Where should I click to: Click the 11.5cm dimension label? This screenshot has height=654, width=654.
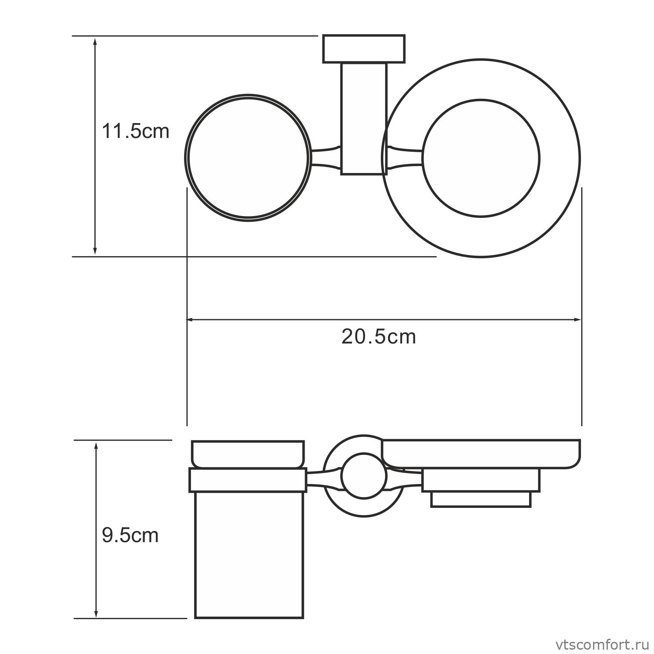tap(135, 131)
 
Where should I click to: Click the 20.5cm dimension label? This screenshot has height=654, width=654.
tap(379, 337)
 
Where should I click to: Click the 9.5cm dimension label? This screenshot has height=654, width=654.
tap(130, 535)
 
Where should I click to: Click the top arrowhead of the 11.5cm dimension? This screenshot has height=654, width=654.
tap(95, 40)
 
